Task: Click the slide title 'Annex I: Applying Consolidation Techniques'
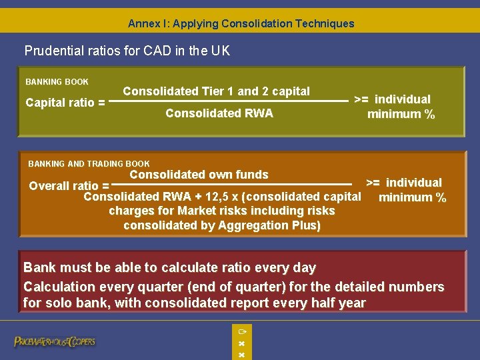241,23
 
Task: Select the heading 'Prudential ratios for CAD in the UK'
127,51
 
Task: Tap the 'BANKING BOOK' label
57,82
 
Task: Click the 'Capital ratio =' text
65,103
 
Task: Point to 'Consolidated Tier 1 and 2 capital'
217,91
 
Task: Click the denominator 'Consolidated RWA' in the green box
219,113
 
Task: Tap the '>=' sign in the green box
362,99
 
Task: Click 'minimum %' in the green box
401,114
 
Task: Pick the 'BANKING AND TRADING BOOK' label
89,163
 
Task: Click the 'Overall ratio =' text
69,186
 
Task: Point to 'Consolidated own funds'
199,175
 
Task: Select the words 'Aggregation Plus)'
274,225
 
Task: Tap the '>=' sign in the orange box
373,183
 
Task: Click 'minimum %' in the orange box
412,197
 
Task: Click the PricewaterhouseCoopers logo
55,341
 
